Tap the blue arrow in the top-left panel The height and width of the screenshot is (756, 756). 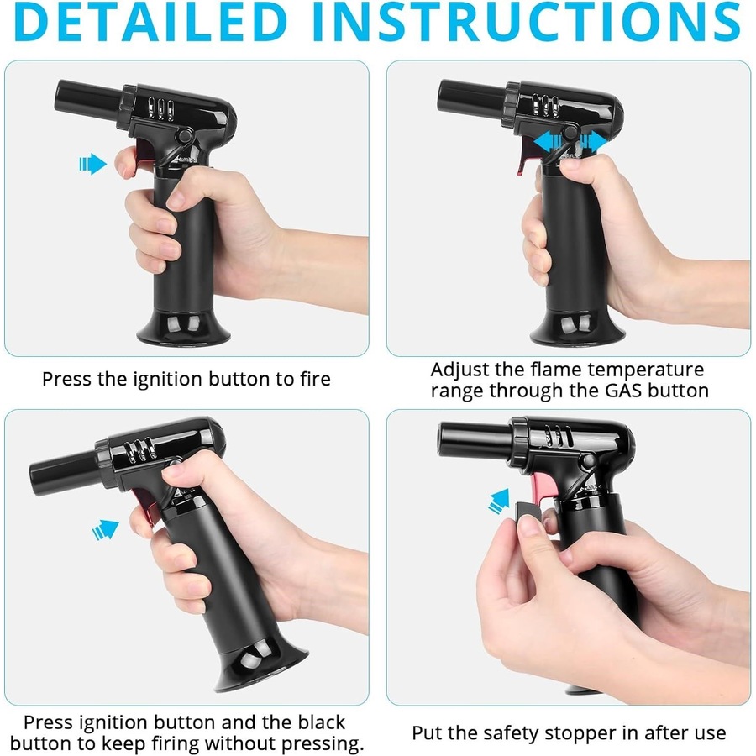click(93, 164)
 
